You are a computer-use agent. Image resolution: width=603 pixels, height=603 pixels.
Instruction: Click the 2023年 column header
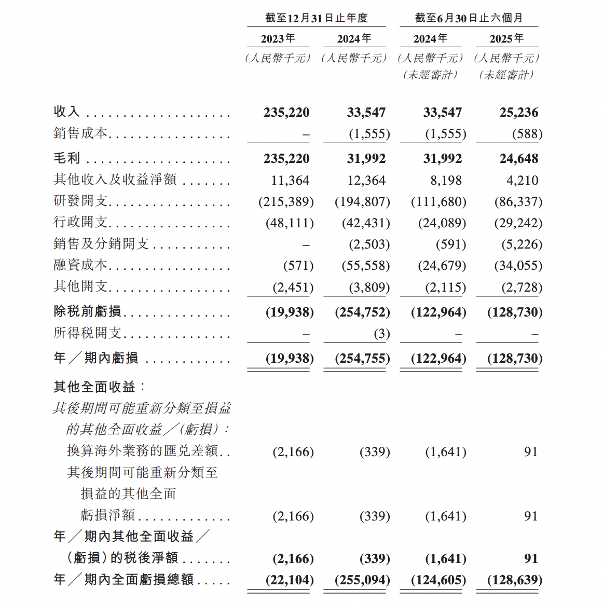[x=278, y=39]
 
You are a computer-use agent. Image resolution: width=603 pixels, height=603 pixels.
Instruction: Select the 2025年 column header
[x=506, y=39]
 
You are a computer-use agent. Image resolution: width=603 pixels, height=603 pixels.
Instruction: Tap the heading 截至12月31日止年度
[x=316, y=18]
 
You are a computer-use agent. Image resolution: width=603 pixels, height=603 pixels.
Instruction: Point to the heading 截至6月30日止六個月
[x=469, y=18]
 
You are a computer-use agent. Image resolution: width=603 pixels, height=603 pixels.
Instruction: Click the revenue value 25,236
[x=518, y=113]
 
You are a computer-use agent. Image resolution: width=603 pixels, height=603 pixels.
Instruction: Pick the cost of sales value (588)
[x=527, y=134]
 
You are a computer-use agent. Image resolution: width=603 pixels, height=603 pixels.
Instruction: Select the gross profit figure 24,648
[x=518, y=159]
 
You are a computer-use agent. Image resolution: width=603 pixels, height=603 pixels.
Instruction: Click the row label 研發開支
[x=80, y=201]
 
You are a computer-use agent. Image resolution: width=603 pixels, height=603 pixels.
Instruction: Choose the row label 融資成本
[x=80, y=265]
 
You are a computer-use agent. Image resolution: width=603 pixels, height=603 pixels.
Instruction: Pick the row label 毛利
[x=67, y=158]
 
